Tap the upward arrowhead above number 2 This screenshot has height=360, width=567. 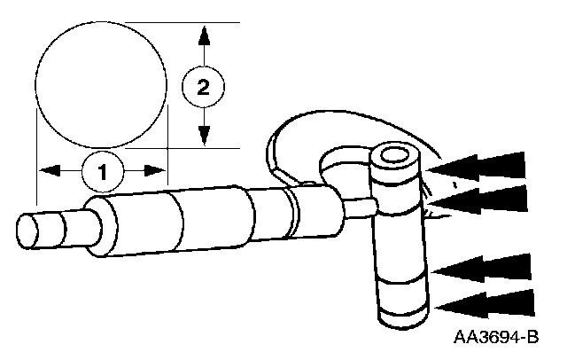point(204,37)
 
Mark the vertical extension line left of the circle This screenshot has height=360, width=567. point(35,177)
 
